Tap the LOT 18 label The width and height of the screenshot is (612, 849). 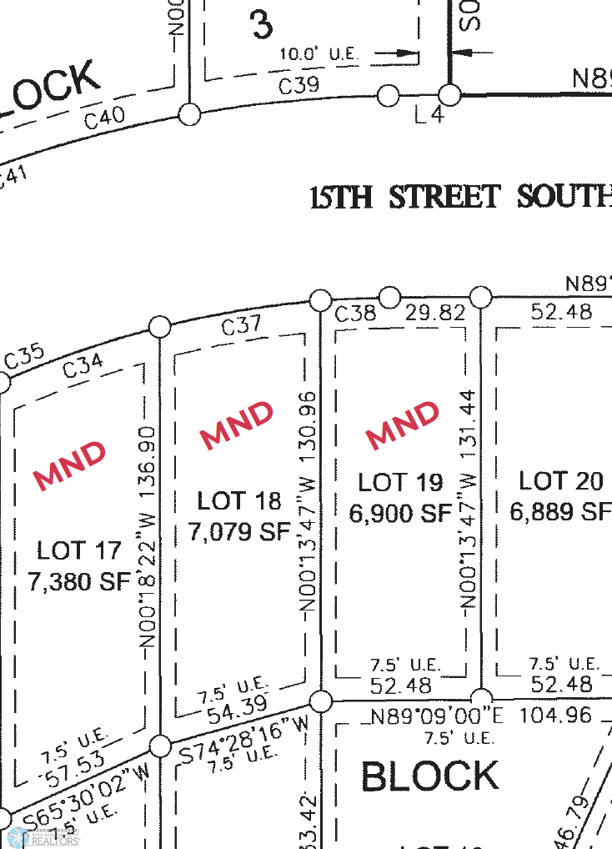tap(239, 500)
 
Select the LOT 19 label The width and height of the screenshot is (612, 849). tap(400, 482)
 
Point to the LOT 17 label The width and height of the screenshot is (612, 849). tap(79, 550)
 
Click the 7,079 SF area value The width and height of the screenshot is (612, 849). tap(239, 530)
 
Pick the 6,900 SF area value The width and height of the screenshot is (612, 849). tap(400, 513)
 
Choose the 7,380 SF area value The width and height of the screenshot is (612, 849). tap(79, 581)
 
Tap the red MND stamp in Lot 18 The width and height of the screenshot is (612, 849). tap(237, 425)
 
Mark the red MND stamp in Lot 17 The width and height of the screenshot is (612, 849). tap(70, 464)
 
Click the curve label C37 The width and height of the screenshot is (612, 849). tap(242, 325)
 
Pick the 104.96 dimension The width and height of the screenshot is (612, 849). tap(555, 715)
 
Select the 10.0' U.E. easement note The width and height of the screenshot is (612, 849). tap(319, 53)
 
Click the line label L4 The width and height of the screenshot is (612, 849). tap(429, 116)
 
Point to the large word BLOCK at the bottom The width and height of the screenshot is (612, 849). tap(430, 776)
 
